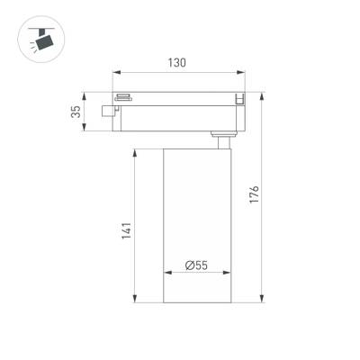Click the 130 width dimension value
tap(176, 63)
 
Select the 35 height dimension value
tap(76, 112)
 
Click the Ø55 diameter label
tap(196, 265)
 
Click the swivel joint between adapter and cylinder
tap(221, 138)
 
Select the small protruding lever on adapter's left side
tap(110, 112)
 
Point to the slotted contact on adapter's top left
tap(123, 95)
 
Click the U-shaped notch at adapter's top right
tap(238, 98)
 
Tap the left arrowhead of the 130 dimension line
tap(115, 73)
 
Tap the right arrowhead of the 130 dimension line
tap(242, 73)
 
